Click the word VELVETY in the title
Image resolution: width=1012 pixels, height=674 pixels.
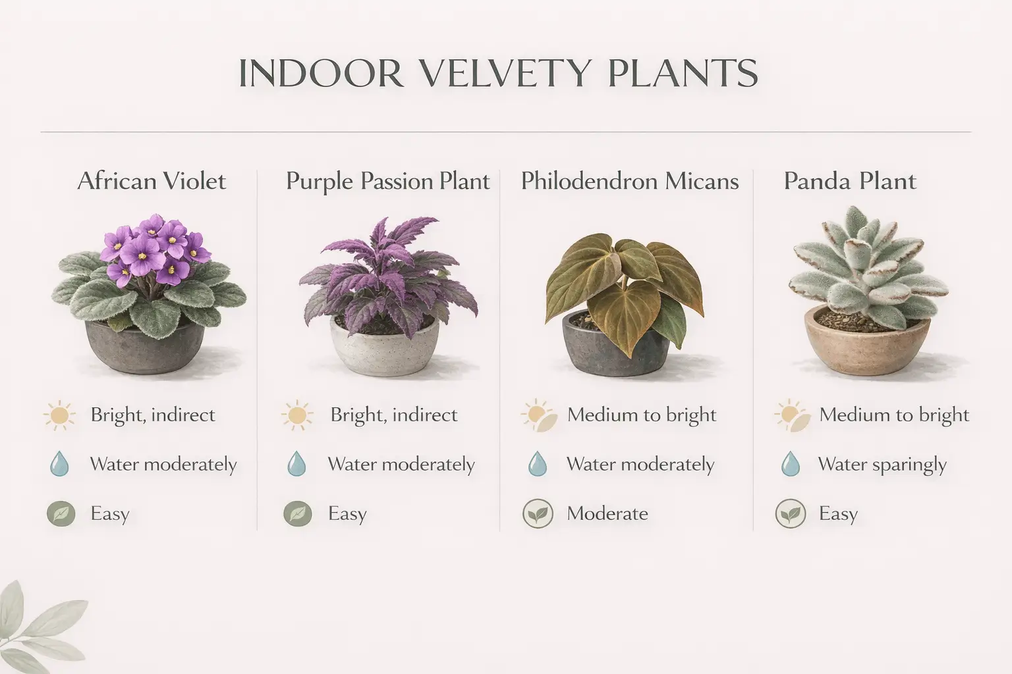[504, 73]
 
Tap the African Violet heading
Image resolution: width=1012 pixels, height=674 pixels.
[152, 181]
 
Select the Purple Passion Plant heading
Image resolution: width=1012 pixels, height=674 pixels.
[387, 181]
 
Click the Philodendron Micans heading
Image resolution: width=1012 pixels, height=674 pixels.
[629, 181]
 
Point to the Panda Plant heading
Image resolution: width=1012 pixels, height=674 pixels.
[849, 181]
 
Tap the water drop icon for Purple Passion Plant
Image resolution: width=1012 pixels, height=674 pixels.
[296, 464]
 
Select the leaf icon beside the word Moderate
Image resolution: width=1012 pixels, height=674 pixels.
[538, 513]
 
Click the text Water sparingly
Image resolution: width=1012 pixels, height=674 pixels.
[882, 465]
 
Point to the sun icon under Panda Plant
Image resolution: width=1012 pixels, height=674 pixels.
[791, 415]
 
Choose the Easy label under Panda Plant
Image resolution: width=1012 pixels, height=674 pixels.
[837, 513]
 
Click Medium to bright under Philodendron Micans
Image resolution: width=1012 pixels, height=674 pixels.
[641, 415]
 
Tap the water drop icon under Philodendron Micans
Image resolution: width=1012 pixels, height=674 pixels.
[538, 464]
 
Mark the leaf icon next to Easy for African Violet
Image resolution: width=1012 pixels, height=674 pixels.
[59, 513]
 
